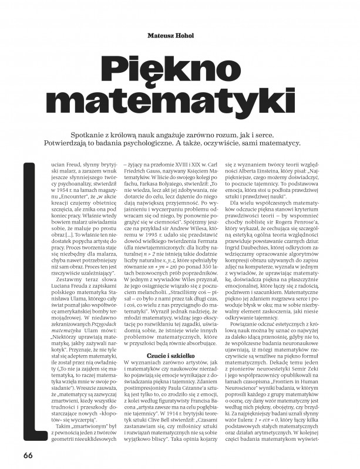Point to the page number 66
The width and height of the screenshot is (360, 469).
(x=29, y=454)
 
